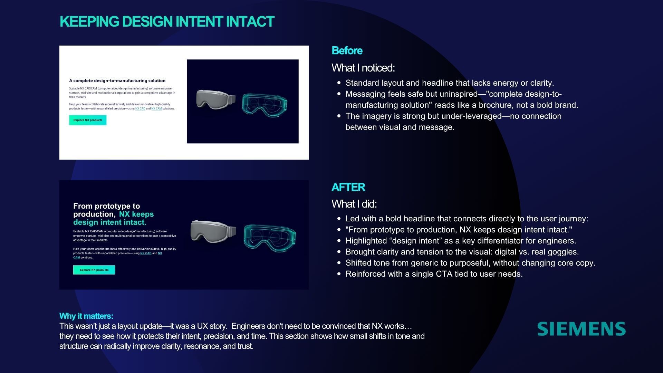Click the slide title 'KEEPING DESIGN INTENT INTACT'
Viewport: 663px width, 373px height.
pyautogui.click(x=167, y=21)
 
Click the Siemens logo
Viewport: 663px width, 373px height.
pyautogui.click(x=582, y=329)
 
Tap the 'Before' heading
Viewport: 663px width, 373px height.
pyautogui.click(x=347, y=51)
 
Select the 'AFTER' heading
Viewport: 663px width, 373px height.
pyautogui.click(x=348, y=187)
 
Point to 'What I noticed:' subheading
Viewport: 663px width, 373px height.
pyautogui.click(x=363, y=68)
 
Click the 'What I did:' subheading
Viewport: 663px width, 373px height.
pyautogui.click(x=354, y=204)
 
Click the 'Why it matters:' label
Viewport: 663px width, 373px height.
pyautogui.click(x=86, y=316)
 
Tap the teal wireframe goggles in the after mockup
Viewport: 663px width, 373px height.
pyautogui.click(x=270, y=237)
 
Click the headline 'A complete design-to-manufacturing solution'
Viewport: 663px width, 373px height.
pyautogui.click(x=117, y=81)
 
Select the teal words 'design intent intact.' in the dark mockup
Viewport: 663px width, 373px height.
pyautogui.click(x=110, y=222)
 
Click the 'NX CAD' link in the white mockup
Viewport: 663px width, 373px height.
pyautogui.click(x=140, y=109)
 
